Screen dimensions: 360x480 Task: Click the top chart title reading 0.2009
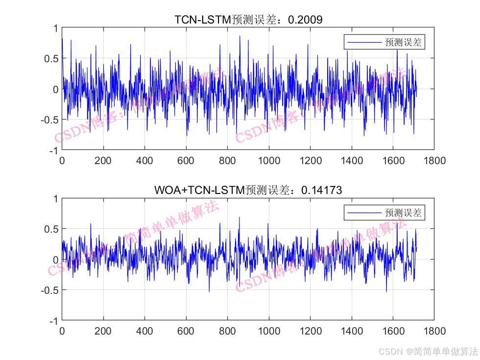(248, 20)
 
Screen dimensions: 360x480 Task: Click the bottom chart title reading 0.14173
(248, 190)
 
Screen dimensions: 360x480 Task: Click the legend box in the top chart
(384, 42)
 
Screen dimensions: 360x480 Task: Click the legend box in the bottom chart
(384, 213)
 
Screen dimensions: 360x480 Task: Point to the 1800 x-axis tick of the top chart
(434, 160)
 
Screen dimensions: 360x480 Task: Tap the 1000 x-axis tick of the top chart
(269, 160)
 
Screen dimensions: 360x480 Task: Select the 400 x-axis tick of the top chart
(144, 160)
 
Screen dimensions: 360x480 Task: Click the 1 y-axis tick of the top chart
(56, 28)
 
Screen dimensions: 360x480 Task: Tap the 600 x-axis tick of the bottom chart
(186, 331)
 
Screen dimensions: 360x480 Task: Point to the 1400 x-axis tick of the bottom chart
(352, 331)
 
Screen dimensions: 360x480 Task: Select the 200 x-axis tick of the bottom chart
(103, 331)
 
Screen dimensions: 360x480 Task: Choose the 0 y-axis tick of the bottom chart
(56, 260)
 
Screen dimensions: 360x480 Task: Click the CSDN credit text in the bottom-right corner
(429, 351)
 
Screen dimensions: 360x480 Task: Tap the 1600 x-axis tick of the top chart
(393, 160)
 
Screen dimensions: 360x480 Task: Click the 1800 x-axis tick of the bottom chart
(434, 331)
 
